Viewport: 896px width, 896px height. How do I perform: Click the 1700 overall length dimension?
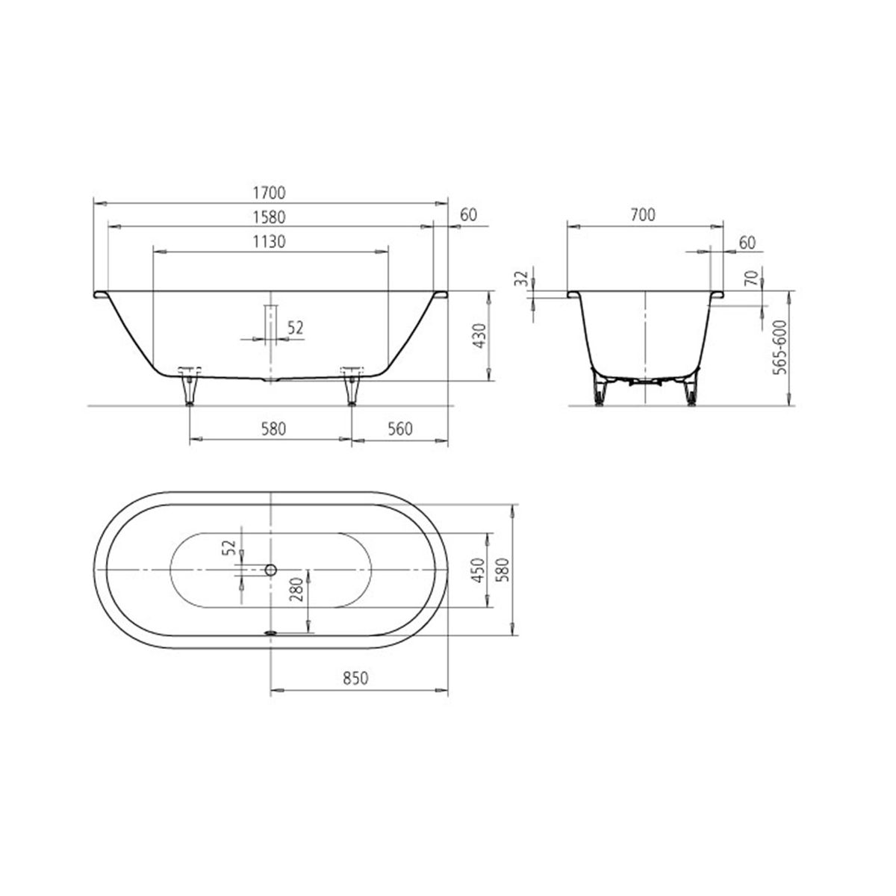tap(269, 193)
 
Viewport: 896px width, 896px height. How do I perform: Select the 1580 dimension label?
tap(269, 217)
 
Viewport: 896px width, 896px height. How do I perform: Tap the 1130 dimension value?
tap(269, 242)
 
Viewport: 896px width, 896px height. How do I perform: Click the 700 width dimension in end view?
tap(644, 215)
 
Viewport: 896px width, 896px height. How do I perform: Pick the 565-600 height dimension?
tap(780, 347)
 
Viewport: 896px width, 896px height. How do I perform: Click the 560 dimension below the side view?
tap(399, 429)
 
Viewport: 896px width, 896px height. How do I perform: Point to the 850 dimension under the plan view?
tap(355, 679)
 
